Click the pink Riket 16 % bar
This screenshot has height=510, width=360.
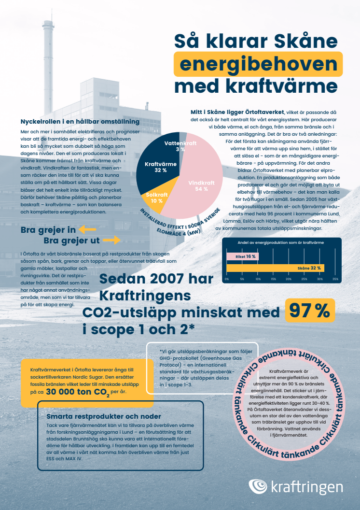pyautogui.click(x=242, y=256)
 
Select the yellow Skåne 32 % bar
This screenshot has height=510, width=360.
pyautogui.click(x=276, y=268)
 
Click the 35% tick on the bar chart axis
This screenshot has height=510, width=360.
pyautogui.click(x=335, y=279)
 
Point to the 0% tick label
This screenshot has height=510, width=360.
pyautogui.click(x=227, y=279)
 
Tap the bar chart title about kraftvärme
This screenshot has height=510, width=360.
pyautogui.click(x=280, y=242)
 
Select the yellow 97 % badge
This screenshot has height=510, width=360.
pyautogui.click(x=309, y=310)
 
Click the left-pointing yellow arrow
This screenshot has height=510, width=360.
pyautogui.click(x=88, y=229)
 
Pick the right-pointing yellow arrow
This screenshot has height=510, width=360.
pyautogui.click(x=111, y=240)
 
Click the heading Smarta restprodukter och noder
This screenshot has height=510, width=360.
pyautogui.click(x=104, y=416)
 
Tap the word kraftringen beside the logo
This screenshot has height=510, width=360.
pyautogui.click(x=307, y=487)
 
